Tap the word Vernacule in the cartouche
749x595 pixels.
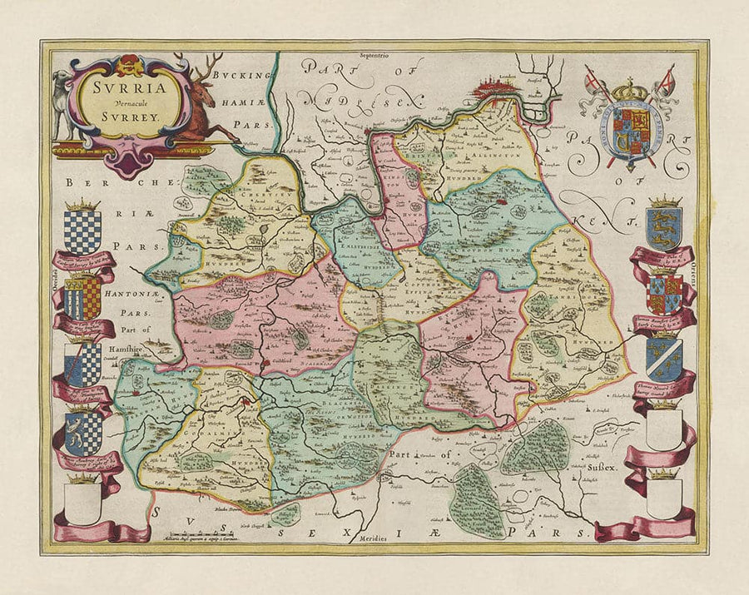click(122, 103)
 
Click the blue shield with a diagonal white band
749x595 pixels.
click(664, 358)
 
